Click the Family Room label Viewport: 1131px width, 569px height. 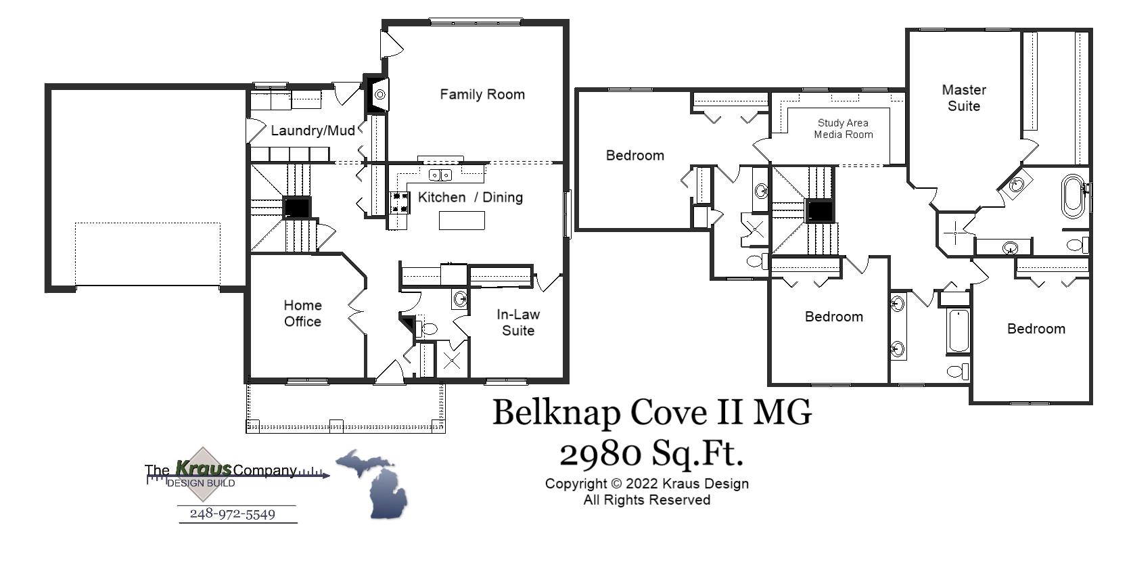[x=482, y=95]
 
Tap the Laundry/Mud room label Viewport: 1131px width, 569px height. [x=313, y=131]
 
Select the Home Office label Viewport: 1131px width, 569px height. [x=302, y=313]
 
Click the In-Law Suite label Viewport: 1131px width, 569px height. [x=517, y=322]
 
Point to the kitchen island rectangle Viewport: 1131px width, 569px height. [x=461, y=221]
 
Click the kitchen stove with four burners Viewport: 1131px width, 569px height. [x=400, y=202]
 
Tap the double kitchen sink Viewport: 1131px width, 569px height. [x=440, y=175]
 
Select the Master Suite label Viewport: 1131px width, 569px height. [x=963, y=98]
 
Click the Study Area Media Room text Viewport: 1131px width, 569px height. [x=843, y=129]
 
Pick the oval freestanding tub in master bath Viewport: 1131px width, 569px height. [x=1071, y=196]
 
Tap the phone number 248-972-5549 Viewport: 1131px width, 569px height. [x=232, y=514]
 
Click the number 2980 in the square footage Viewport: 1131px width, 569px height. [x=599, y=454]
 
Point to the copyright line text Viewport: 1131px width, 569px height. [x=647, y=484]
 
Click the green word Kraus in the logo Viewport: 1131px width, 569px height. [x=203, y=468]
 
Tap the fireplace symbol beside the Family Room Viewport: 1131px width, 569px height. [x=379, y=95]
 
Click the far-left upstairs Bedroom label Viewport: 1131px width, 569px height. [x=634, y=156]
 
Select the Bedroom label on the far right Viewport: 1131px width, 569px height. [x=1036, y=329]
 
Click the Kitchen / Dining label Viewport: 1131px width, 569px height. [x=470, y=198]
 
